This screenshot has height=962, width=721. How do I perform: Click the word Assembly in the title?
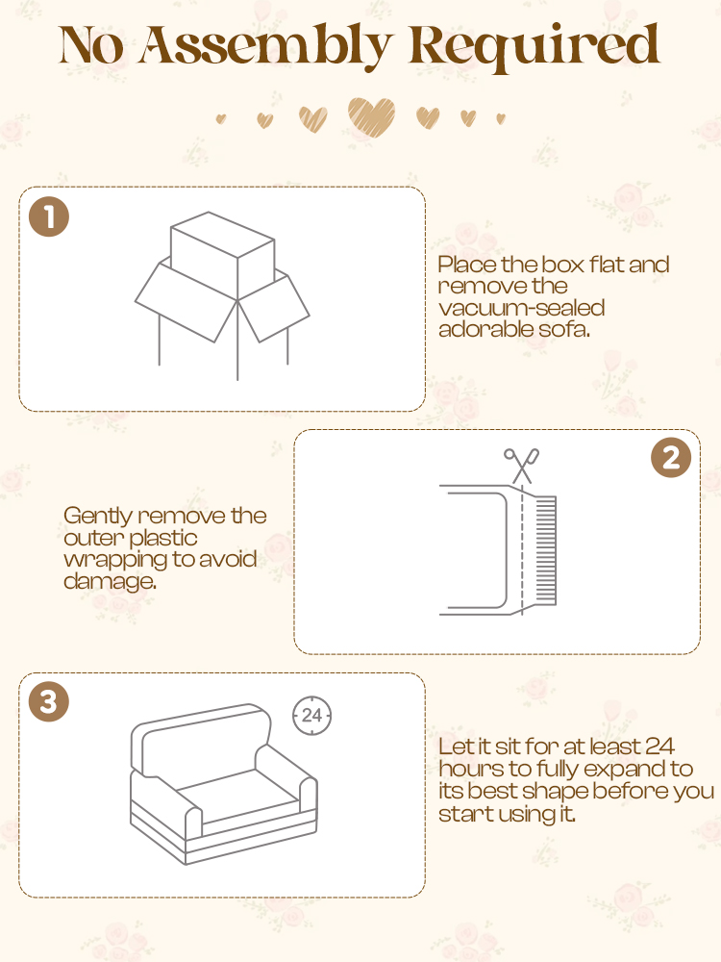tap(265, 45)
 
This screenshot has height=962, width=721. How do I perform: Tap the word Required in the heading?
tap(534, 45)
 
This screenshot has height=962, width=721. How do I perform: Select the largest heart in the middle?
tap(371, 116)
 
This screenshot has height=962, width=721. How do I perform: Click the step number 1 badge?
tap(49, 216)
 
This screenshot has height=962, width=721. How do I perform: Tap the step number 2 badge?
tap(671, 458)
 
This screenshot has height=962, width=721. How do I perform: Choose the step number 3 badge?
tap(49, 701)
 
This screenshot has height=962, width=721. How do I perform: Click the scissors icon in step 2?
tap(522, 466)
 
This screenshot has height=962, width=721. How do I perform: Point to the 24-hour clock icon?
tap(311, 716)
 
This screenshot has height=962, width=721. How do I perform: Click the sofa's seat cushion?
tap(237, 796)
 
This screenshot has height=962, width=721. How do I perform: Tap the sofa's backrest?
tap(201, 739)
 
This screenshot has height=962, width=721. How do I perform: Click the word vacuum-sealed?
tap(522, 308)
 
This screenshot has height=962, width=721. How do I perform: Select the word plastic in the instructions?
tap(163, 538)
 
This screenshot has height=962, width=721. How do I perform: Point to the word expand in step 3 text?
tap(620, 770)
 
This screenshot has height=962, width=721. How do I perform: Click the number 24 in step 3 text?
tap(659, 747)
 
